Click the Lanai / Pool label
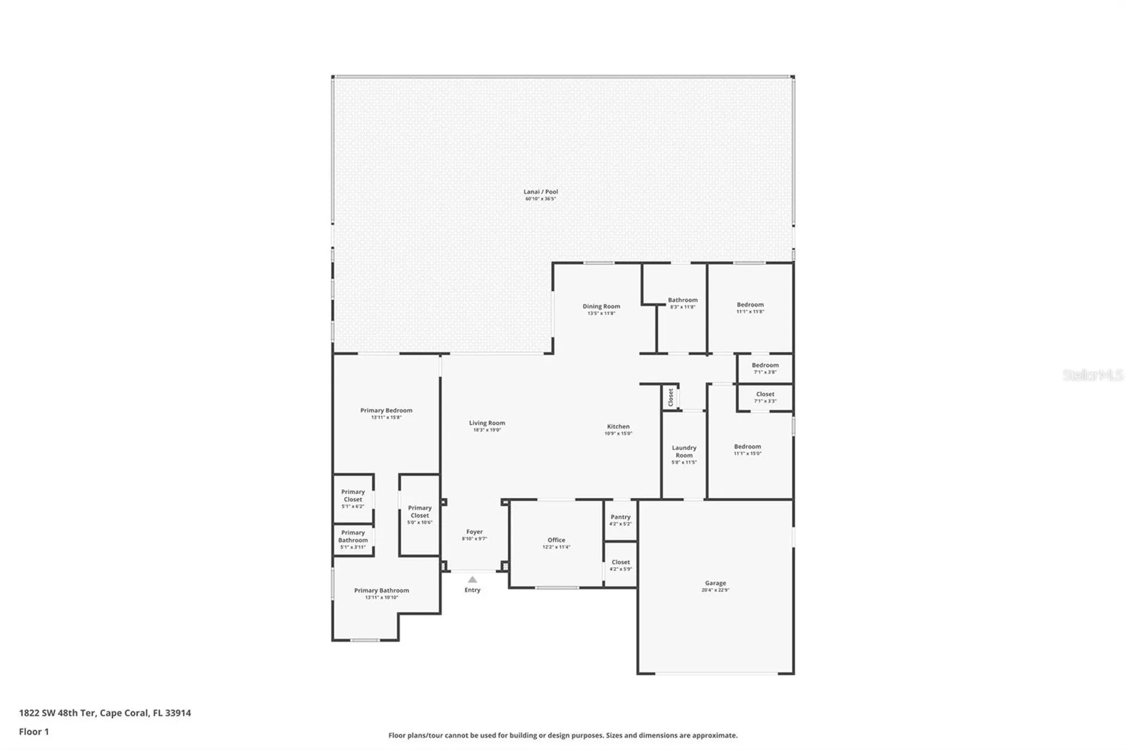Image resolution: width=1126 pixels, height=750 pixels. [541, 192]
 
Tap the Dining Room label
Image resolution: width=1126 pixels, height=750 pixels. [601, 306]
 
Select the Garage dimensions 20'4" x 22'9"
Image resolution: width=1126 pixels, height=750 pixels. [715, 590]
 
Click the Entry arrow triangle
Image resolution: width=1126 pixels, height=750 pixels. [473, 579]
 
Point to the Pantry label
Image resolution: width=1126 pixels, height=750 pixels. [620, 517]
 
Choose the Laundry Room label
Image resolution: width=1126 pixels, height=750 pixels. [684, 452]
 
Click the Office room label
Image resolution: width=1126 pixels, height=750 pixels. [557, 540]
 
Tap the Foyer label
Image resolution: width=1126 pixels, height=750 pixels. [474, 532]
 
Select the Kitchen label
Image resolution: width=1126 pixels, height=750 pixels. [618, 426]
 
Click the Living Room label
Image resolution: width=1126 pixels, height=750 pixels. [487, 423]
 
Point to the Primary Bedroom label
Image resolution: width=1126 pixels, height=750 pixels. [386, 410]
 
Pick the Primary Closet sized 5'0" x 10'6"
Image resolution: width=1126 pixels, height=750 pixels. [420, 512]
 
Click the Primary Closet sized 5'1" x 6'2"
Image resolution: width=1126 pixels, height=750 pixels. [353, 496]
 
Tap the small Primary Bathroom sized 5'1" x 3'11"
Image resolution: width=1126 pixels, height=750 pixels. [353, 537]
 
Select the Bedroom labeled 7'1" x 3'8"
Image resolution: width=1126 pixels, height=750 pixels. [765, 365]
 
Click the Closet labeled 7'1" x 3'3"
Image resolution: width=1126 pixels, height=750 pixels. [765, 395]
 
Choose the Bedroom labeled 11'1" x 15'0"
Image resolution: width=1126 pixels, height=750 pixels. [747, 447]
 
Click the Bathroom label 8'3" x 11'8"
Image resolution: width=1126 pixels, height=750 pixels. [683, 300]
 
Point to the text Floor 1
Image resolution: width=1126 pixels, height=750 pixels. [34, 731]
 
